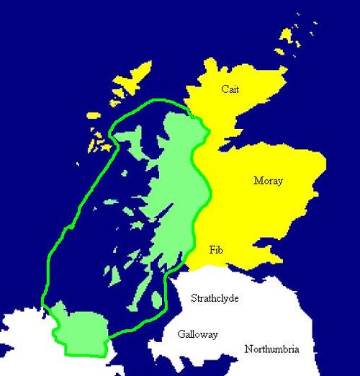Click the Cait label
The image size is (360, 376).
pyautogui.click(x=230, y=89)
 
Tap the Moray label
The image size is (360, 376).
pyautogui.click(x=268, y=181)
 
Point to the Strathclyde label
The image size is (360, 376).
pyautogui.click(x=215, y=298)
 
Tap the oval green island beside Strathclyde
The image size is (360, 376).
pyautogui.click(x=158, y=299)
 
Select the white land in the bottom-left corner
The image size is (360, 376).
pyautogui.click(x=22, y=346)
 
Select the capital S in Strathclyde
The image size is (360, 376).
pyautogui.click(x=192, y=298)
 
